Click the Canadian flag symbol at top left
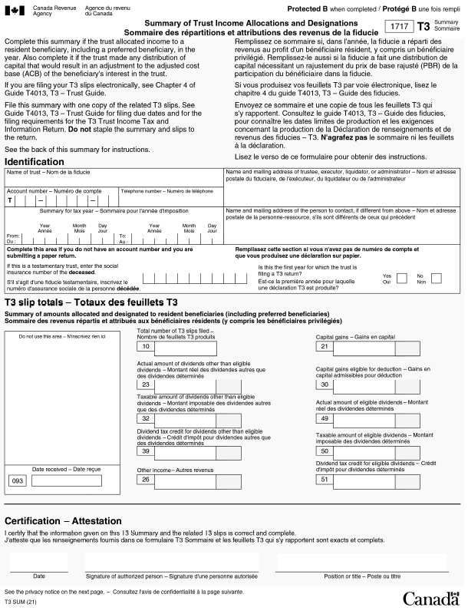(x=18, y=8)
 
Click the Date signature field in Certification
(x=38, y=563)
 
